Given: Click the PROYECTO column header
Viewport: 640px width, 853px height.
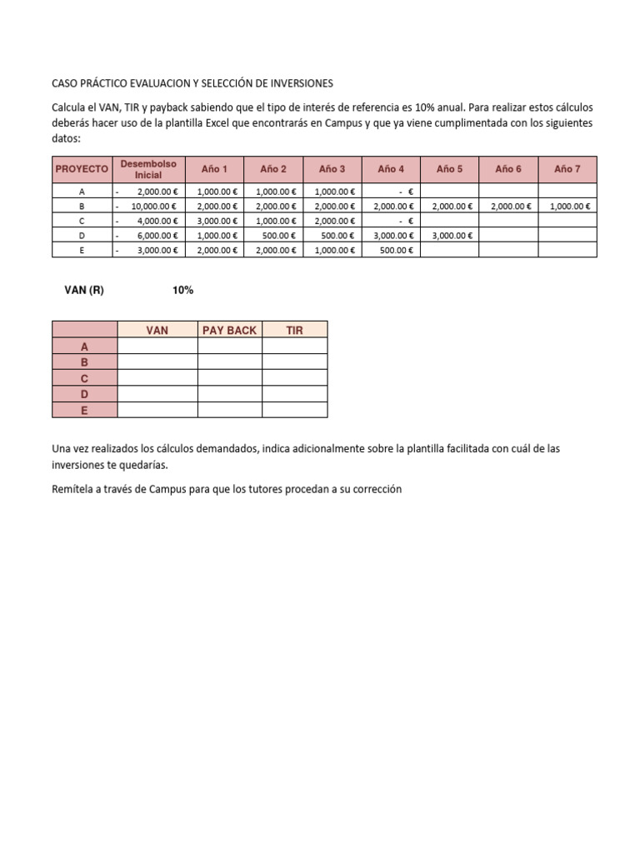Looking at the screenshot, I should tap(82, 169).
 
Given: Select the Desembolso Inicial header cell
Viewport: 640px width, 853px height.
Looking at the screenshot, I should tap(148, 169).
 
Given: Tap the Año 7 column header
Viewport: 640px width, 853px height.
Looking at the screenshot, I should tap(567, 169).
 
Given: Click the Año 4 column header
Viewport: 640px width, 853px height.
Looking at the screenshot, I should tap(391, 169).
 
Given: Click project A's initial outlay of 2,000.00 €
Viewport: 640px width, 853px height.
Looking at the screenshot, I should tap(157, 191).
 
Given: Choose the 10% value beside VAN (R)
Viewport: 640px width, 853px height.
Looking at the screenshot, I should tap(182, 291).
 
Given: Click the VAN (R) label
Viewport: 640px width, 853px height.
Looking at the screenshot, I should tap(84, 291).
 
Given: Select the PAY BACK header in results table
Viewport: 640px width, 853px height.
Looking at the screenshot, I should tap(230, 330).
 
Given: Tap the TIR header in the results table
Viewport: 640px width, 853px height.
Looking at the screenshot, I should tap(295, 330).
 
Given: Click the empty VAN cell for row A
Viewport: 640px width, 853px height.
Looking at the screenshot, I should tap(157, 347).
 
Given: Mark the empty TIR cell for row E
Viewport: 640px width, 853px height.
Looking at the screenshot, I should tap(295, 410).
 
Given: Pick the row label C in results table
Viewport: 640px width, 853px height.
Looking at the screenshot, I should tap(84, 378).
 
